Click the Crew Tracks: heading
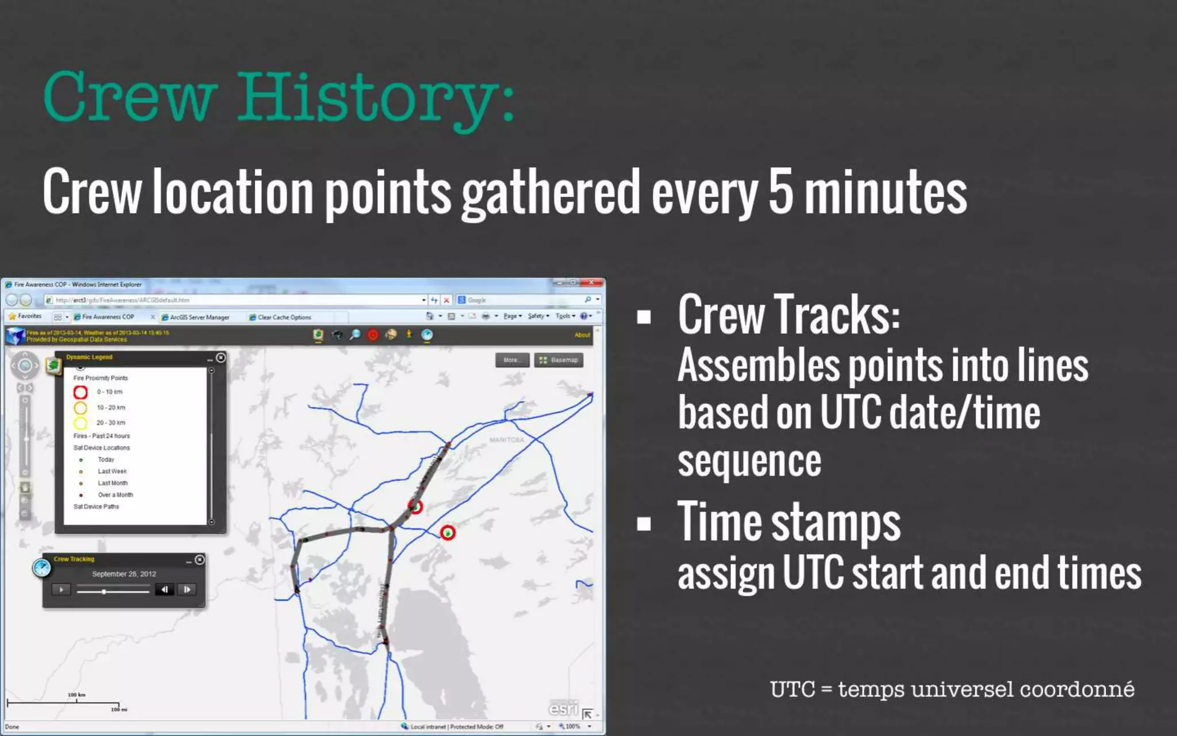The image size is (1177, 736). pyautogui.click(x=788, y=315)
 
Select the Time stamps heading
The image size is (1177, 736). pyautogui.click(x=788, y=522)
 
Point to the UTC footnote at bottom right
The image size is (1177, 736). pyautogui.click(x=952, y=689)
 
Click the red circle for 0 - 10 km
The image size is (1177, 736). pyautogui.click(x=80, y=392)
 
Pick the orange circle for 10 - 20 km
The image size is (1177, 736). pyautogui.click(x=80, y=408)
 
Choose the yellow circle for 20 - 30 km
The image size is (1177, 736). pyautogui.click(x=80, y=423)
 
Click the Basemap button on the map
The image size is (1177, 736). pyautogui.click(x=559, y=360)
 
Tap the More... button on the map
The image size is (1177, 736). pyautogui.click(x=511, y=360)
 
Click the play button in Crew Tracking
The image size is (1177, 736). pyautogui.click(x=61, y=589)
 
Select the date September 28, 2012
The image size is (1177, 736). pyautogui.click(x=124, y=574)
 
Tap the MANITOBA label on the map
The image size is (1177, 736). pyautogui.click(x=506, y=440)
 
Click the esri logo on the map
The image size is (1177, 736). pyautogui.click(x=563, y=708)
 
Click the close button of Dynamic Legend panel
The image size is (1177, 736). pyautogui.click(x=221, y=358)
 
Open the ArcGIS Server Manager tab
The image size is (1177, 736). pyautogui.click(x=199, y=317)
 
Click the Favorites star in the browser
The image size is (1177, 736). pyautogui.click(x=13, y=316)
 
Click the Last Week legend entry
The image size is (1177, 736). pyautogui.click(x=112, y=471)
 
